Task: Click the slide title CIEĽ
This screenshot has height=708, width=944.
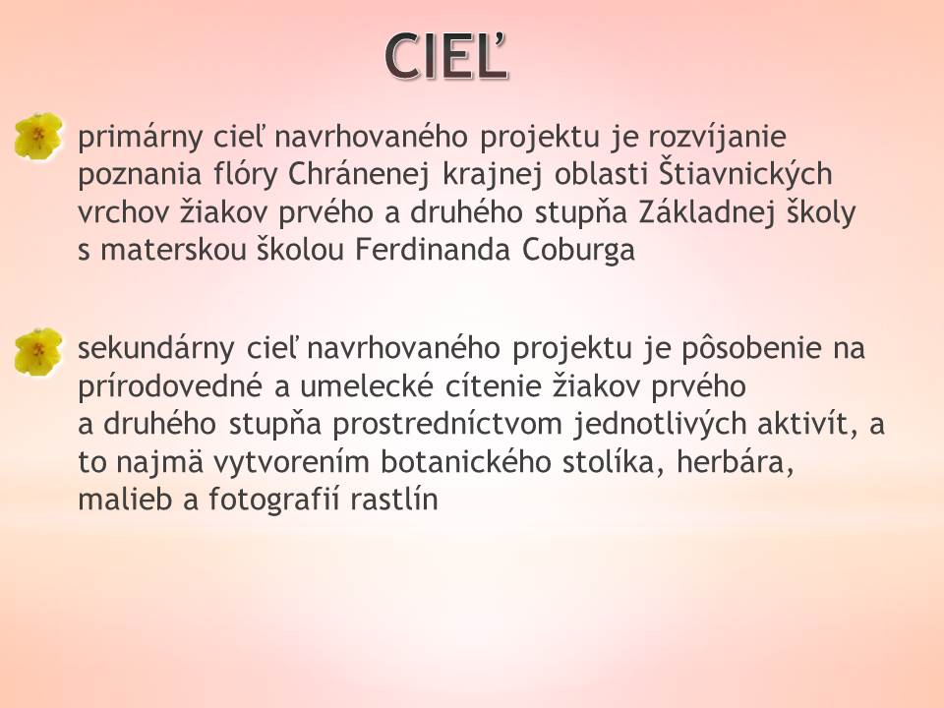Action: [x=446, y=56]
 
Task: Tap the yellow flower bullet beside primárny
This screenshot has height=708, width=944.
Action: [x=38, y=136]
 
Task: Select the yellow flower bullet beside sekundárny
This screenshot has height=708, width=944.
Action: [x=38, y=352]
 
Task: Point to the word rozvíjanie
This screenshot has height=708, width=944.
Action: [x=717, y=137]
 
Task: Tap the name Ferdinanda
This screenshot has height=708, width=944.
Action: [x=433, y=249]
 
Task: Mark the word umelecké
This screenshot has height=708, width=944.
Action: [x=367, y=385]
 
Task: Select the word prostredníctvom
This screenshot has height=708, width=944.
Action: [x=447, y=425]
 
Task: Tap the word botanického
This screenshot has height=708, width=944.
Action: [x=466, y=462]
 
